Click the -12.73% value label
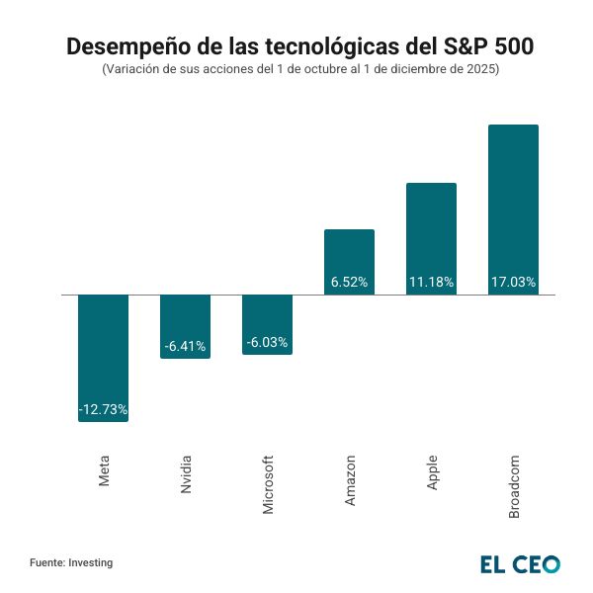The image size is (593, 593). (x=103, y=409)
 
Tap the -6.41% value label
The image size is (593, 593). (x=185, y=346)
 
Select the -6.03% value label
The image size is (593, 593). (x=267, y=342)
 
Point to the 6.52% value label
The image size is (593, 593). (x=349, y=282)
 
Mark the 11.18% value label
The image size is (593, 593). (x=431, y=282)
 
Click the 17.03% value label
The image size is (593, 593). (x=513, y=282)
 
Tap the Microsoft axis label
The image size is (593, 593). (x=268, y=484)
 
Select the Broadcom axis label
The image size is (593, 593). (x=514, y=485)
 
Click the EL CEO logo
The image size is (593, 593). (x=520, y=563)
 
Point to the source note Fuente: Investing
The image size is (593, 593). (x=71, y=562)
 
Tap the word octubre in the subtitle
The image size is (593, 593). (x=295, y=70)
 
